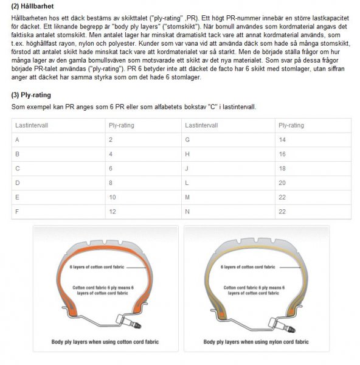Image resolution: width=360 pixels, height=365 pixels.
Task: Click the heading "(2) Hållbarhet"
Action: click(x=32, y=6)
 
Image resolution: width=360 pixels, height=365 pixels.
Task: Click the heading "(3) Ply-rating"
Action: click(x=31, y=95)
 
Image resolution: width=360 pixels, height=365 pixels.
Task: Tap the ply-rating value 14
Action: click(x=282, y=140)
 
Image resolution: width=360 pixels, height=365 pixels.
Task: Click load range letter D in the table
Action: click(x=18, y=183)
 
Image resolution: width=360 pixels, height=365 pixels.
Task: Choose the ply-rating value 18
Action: click(x=282, y=169)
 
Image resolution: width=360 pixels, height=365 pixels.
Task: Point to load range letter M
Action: click(x=187, y=197)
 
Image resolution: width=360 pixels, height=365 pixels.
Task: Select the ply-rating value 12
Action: click(x=112, y=212)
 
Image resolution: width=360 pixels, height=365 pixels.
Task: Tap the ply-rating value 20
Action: click(x=282, y=183)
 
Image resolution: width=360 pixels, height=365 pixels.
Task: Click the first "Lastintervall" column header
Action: click(x=32, y=125)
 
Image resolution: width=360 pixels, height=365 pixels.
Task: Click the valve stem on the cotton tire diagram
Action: click(x=129, y=321)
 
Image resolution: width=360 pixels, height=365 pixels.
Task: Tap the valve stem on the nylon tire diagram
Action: click(x=282, y=324)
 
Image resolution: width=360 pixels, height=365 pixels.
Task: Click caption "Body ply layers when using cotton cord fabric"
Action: click(x=105, y=342)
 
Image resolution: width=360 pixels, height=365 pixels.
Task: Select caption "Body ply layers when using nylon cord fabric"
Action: click(x=256, y=342)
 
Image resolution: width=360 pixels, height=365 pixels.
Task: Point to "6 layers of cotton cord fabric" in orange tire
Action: click(x=97, y=267)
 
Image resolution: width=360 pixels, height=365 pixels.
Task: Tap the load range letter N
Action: click(x=187, y=212)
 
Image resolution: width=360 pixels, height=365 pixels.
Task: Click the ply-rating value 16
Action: click(x=282, y=154)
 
